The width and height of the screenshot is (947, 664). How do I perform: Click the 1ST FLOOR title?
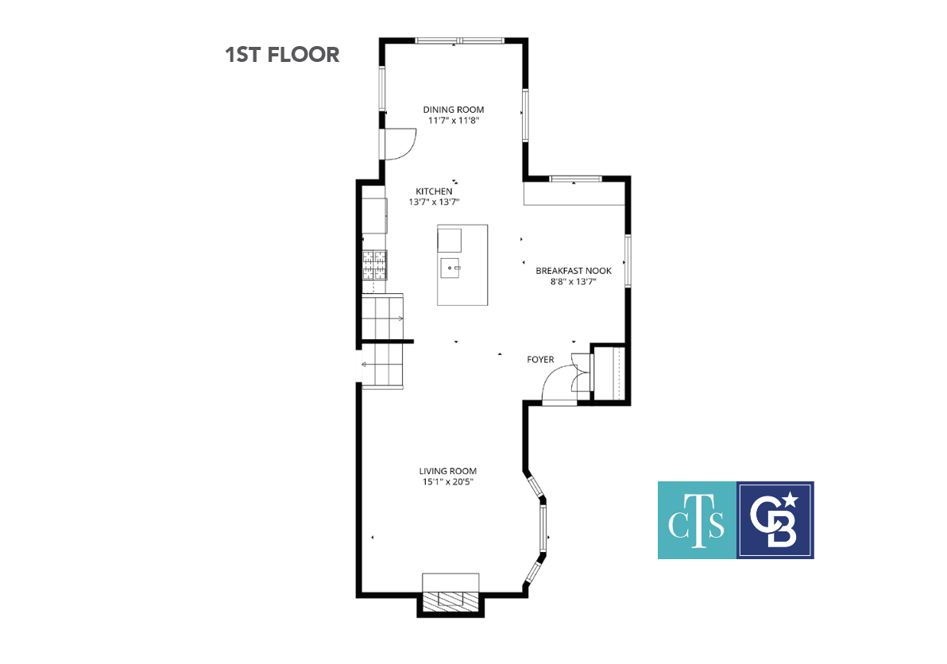[x=282, y=55]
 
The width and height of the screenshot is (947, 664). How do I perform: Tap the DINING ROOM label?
[x=454, y=110]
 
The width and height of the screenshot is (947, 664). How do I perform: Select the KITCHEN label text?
[x=434, y=191]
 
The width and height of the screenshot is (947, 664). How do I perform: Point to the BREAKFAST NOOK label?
[x=574, y=271]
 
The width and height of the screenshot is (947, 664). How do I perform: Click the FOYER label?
[x=540, y=360]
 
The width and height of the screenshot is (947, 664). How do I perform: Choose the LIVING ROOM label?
[x=448, y=472]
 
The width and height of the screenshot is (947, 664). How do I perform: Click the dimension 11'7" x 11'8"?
[x=454, y=121]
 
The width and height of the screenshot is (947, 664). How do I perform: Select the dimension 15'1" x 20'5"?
[x=448, y=482]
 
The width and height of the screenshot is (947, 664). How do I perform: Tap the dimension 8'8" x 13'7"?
[x=574, y=282]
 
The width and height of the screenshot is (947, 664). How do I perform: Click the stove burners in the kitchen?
[x=374, y=265]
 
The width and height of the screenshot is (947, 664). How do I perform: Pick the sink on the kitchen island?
[x=450, y=268]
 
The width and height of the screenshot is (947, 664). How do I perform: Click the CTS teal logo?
[x=697, y=520]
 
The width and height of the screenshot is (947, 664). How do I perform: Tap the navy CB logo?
[x=775, y=520]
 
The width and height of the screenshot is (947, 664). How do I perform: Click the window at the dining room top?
[x=460, y=41]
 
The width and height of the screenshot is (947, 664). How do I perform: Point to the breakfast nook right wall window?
[x=628, y=261]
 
